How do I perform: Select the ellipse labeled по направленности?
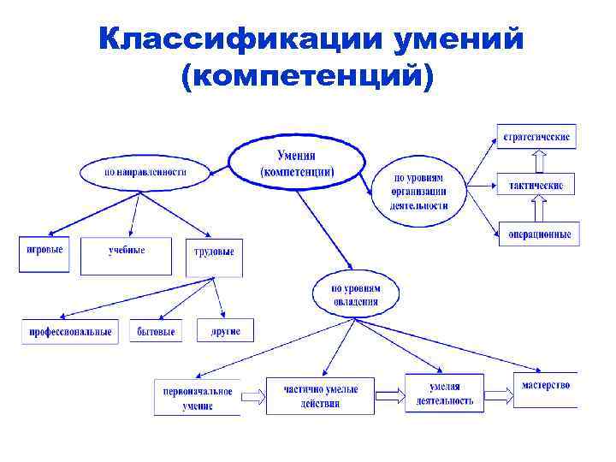point(145,171)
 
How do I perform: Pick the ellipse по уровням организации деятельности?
point(419,192)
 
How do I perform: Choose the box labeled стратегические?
point(536,137)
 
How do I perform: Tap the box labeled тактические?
point(536,185)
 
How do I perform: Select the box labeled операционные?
point(539,234)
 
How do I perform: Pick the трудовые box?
point(214,255)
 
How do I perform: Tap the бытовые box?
point(157,331)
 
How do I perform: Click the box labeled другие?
point(226,330)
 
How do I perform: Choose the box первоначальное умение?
point(198,397)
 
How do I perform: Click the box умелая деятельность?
point(444,393)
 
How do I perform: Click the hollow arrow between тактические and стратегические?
point(537,161)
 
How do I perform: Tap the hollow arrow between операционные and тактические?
point(537,209)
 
